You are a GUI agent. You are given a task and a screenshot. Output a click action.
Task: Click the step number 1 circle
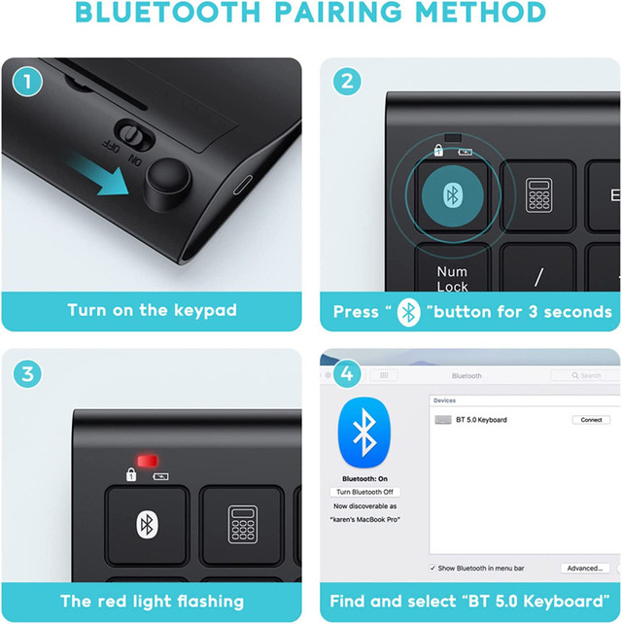pos(28,82)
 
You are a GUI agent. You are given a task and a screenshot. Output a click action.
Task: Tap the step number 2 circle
pos(347,82)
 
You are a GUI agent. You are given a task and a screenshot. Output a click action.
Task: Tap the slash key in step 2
pos(538,277)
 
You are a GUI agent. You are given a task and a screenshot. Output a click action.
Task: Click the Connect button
pos(591,420)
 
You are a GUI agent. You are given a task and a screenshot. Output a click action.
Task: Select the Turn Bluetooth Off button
pos(363,493)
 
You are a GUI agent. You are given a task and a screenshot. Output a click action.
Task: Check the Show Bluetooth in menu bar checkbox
pos(432,568)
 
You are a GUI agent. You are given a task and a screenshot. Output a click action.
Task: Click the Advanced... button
pos(585,568)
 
